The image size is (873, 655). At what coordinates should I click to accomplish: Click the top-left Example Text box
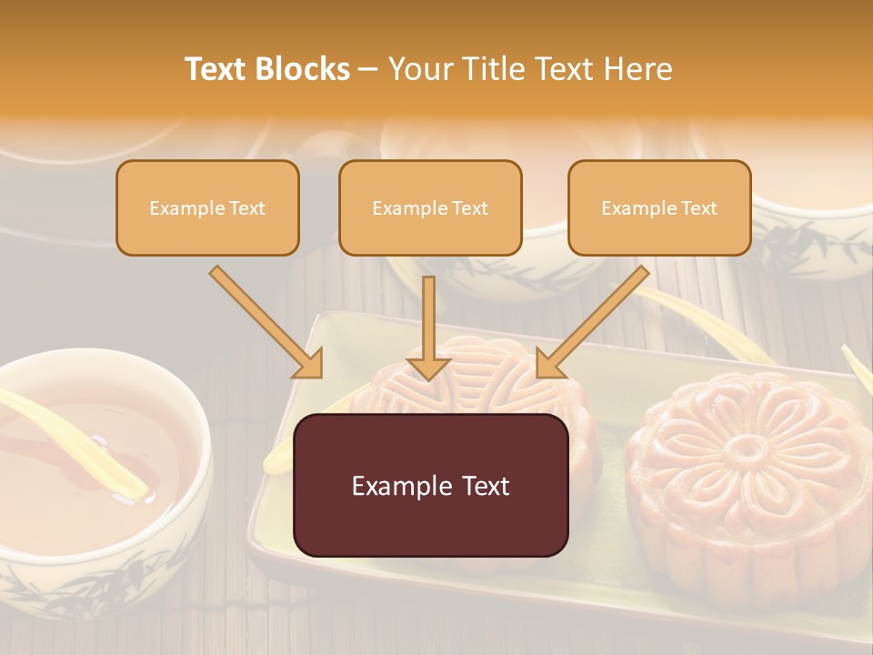[x=207, y=207]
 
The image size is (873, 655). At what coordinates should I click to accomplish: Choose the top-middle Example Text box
[x=430, y=207]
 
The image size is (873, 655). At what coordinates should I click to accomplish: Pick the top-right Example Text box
[x=659, y=207]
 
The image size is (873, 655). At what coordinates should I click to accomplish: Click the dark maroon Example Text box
[x=430, y=485]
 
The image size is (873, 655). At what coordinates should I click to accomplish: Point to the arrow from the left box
[x=266, y=321]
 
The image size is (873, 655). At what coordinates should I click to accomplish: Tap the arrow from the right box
[x=593, y=321]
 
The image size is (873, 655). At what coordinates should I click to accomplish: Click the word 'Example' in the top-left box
[x=183, y=208]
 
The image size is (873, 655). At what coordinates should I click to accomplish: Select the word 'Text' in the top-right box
[x=698, y=208]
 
